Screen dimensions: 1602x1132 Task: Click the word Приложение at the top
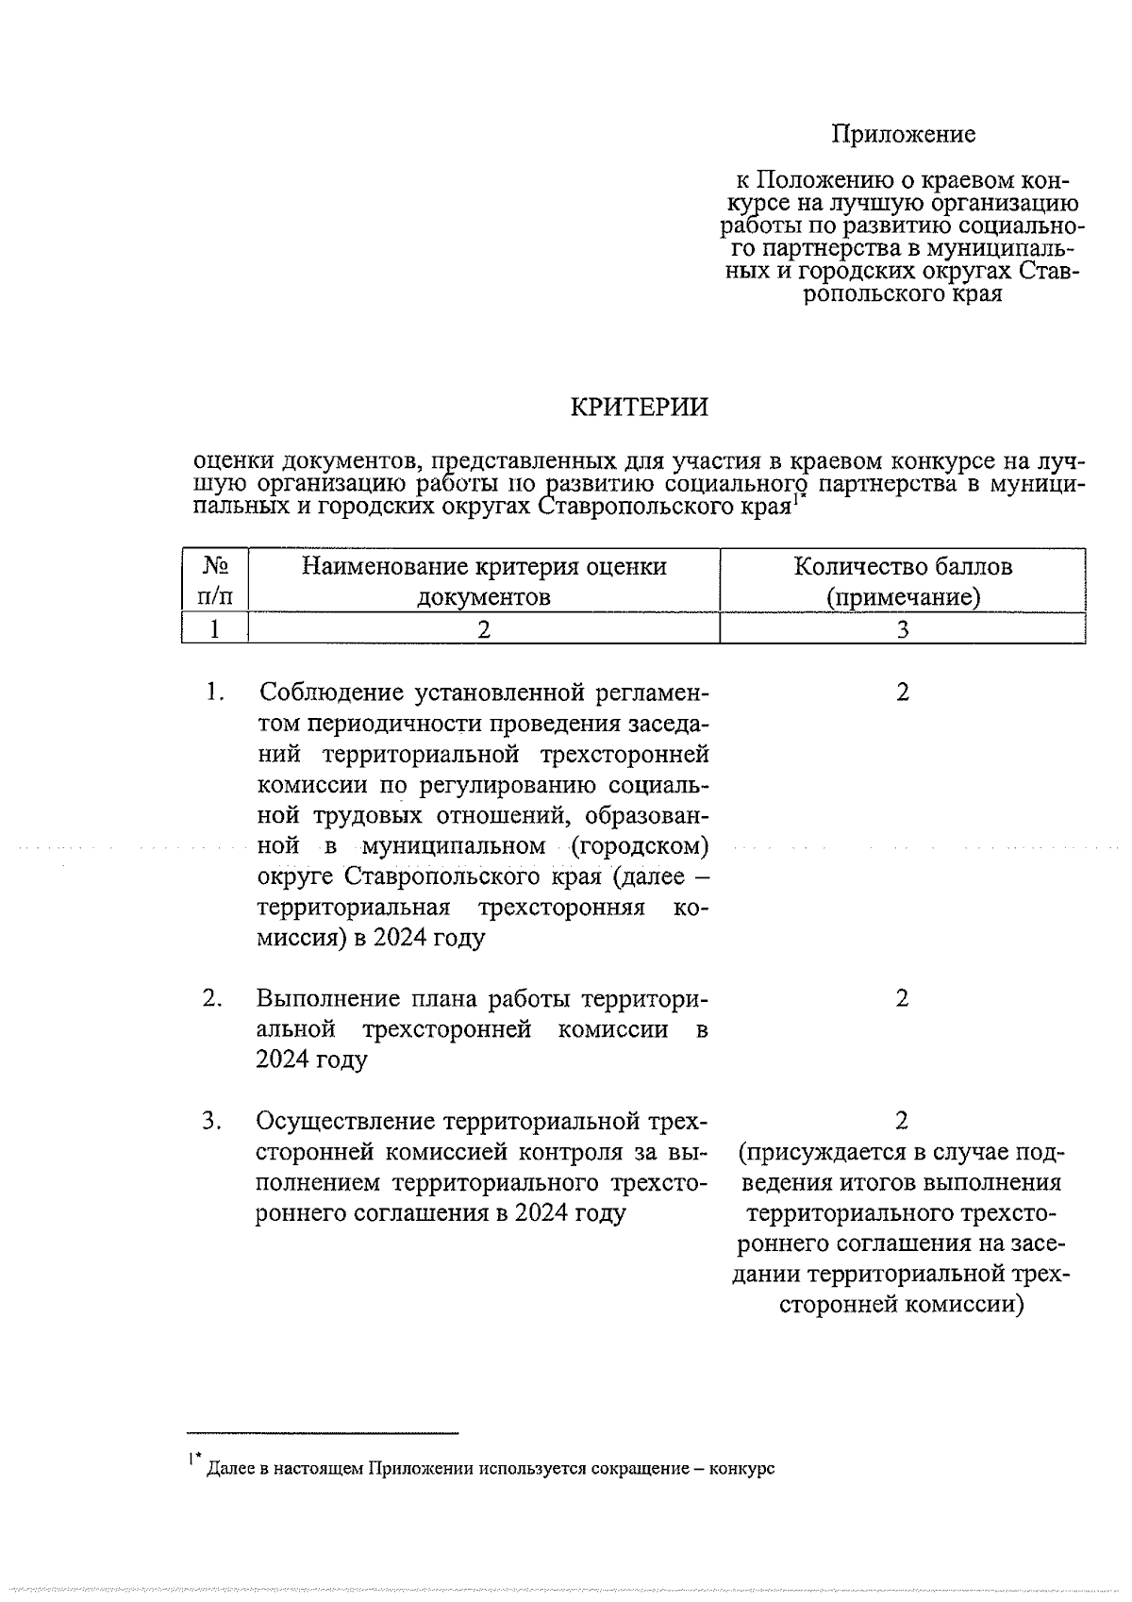coord(903,134)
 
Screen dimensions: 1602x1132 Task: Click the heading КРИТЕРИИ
coord(639,408)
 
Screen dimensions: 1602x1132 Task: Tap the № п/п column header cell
coord(215,581)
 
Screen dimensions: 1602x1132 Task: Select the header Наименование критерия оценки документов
coord(484,581)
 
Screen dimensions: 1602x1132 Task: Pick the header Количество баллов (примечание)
coord(903,581)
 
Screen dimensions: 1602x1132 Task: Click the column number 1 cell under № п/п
coord(215,629)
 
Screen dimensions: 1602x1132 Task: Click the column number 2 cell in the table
coord(484,629)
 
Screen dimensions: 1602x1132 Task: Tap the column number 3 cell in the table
coord(903,629)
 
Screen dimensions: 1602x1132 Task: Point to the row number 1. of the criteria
coord(214,693)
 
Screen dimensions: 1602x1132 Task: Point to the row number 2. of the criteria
coord(212,998)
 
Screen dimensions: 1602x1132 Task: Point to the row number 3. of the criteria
coord(212,1121)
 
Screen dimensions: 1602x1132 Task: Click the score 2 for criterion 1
coord(903,693)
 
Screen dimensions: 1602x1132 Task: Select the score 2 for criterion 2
coord(903,998)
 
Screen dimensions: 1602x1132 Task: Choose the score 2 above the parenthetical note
coord(903,1121)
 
